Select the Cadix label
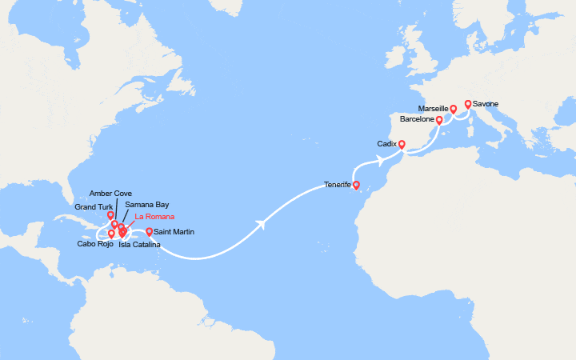coord(387,143)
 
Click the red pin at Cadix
coord(402,145)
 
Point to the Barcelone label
coord(416,119)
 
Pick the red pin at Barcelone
coord(439,120)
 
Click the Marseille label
coord(432,108)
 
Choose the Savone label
coord(486,104)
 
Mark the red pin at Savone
coord(468,104)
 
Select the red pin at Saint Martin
coord(150,232)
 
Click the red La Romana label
coord(154,217)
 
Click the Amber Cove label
coord(111,194)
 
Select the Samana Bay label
coord(146,205)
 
